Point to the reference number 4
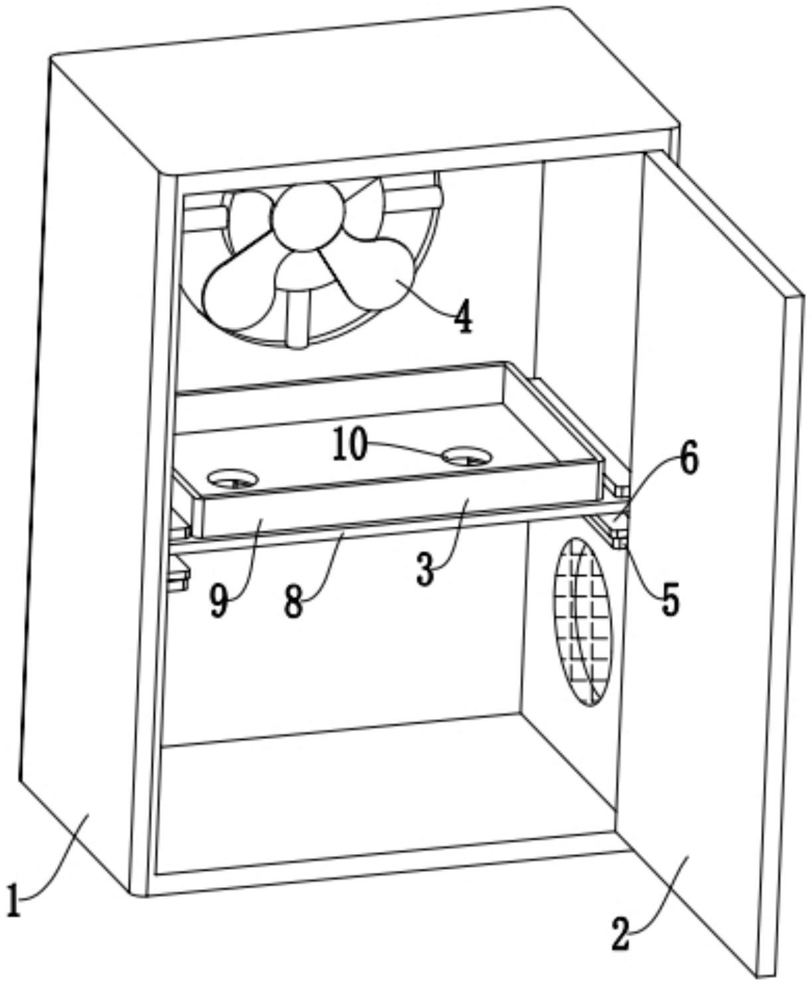click(463, 317)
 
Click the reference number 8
click(293, 602)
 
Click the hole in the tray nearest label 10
click(467, 455)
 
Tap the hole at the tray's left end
click(233, 480)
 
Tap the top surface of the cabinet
click(365, 89)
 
